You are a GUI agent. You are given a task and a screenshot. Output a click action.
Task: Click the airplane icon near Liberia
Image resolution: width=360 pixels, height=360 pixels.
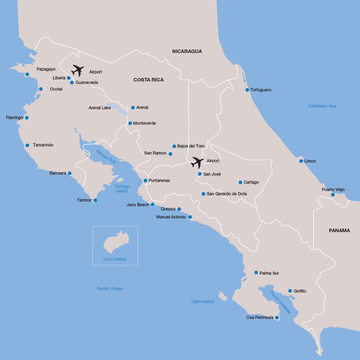click(x=78, y=70)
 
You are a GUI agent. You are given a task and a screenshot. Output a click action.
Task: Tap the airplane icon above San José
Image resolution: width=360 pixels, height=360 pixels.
click(x=197, y=162)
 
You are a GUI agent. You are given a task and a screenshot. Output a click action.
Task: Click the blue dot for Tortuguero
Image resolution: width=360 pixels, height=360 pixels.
click(x=247, y=90)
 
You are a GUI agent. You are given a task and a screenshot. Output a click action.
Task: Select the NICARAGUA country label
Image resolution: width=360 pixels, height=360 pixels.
click(x=187, y=51)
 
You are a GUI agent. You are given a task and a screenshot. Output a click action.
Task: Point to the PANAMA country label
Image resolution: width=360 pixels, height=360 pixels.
click(x=339, y=230)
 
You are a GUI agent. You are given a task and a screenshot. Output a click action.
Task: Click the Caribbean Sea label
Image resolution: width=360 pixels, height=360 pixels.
click(x=322, y=106)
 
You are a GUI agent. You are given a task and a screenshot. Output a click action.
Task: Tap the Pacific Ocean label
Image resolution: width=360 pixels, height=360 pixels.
click(x=110, y=289)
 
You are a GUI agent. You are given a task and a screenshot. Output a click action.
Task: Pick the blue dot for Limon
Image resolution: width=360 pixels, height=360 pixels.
click(x=301, y=161)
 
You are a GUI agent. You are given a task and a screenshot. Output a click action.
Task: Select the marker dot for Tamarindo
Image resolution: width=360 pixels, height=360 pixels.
click(x=27, y=145)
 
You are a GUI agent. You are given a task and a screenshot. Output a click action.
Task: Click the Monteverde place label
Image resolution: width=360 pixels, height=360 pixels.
click(x=144, y=123)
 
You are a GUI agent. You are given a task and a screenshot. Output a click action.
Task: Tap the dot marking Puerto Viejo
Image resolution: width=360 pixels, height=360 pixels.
click(x=333, y=195)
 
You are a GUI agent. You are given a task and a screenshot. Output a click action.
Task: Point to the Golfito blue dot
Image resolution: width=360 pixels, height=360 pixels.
click(x=290, y=291)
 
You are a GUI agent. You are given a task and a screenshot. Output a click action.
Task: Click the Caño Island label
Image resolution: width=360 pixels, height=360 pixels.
click(x=202, y=302)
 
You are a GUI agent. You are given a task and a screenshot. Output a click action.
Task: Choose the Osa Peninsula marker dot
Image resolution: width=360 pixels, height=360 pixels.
click(x=277, y=318)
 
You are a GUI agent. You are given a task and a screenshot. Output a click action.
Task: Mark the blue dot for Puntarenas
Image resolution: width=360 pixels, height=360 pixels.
click(x=145, y=181)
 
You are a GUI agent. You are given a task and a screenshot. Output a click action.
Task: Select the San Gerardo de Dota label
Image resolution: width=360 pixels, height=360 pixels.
click(x=226, y=194)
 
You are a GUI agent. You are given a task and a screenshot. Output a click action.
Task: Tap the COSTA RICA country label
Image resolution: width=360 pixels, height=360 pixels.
click(x=148, y=80)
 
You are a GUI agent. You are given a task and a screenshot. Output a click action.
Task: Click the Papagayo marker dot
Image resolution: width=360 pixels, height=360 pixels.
click(x=27, y=74)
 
